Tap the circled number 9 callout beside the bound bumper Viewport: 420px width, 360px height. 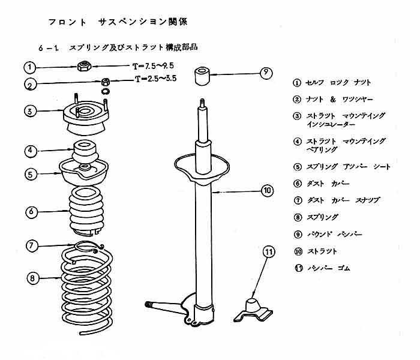point(266,74)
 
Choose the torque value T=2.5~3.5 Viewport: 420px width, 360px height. point(155,78)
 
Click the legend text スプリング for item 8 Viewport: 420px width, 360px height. point(322,217)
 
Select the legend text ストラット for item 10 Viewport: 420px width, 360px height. point(322,251)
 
